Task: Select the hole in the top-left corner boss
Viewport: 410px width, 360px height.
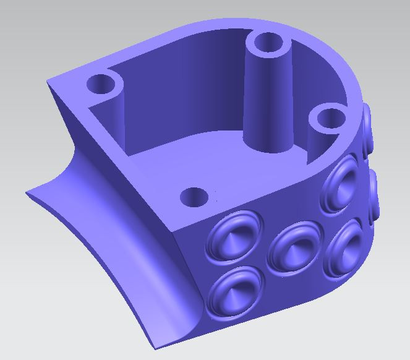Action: (x=102, y=83)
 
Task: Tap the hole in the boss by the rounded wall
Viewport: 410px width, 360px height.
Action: (x=328, y=117)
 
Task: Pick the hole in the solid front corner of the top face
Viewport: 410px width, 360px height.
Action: (x=194, y=198)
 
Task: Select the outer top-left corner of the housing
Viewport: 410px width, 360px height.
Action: (x=48, y=81)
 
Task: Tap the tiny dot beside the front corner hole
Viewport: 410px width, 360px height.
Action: (x=216, y=200)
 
